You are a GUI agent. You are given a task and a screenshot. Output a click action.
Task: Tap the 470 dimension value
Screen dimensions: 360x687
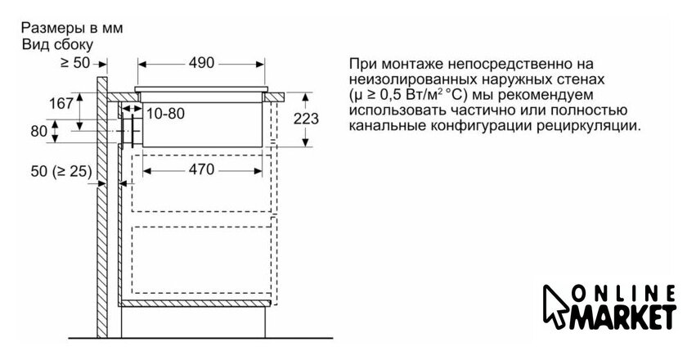point(198,169)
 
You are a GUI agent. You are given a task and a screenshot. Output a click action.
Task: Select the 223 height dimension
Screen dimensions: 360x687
point(306,119)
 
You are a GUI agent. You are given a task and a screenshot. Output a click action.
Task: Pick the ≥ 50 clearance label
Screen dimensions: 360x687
point(74,62)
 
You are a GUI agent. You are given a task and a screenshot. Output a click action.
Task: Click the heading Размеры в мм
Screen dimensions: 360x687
point(72,27)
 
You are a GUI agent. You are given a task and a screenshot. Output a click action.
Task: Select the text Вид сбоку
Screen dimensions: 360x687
point(57,43)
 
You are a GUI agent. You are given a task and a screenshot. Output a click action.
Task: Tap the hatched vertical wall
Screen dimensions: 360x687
point(102,205)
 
